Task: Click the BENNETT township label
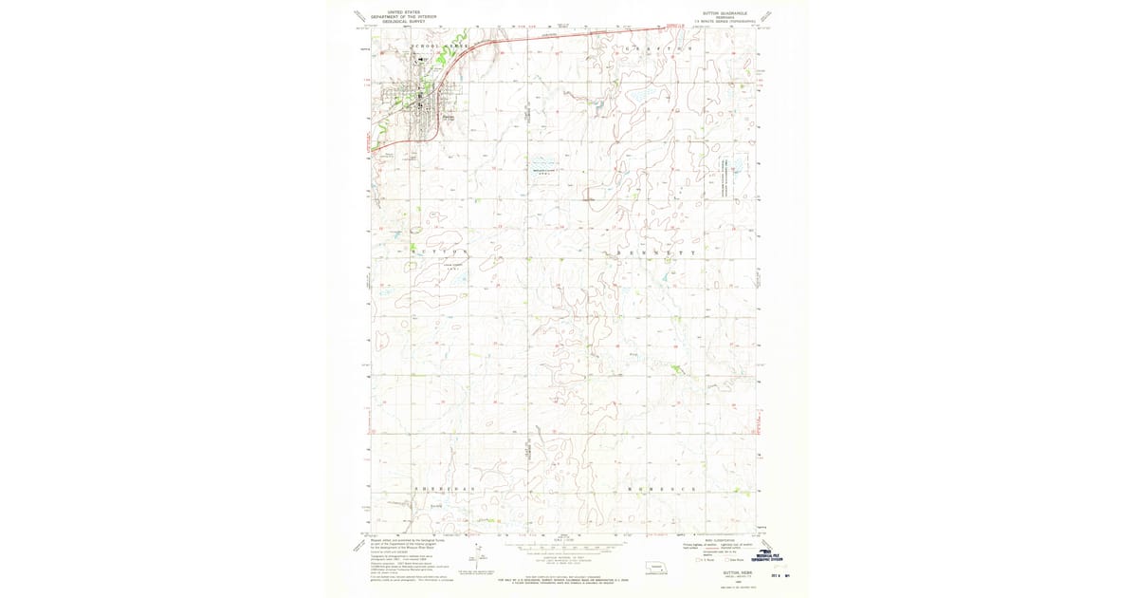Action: coord(657,253)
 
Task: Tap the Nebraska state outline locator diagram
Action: coord(655,569)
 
